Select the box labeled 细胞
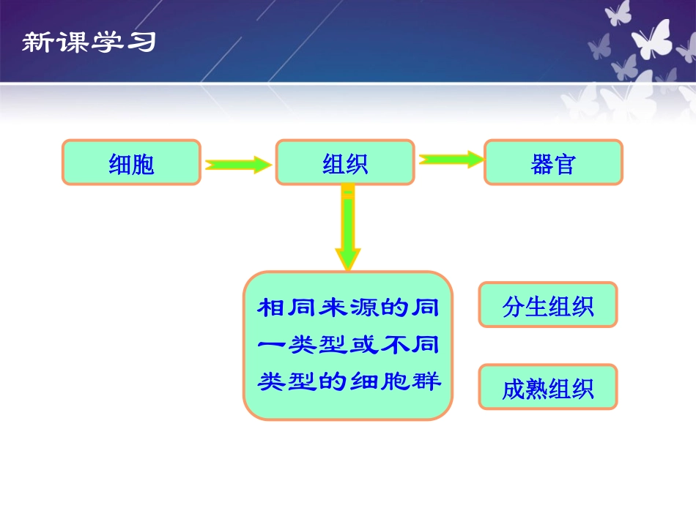[x=131, y=163]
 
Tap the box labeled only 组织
[x=345, y=163]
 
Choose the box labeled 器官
[x=553, y=163]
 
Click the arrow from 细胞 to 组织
[x=237, y=165]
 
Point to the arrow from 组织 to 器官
[x=451, y=159]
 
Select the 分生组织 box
[x=547, y=305]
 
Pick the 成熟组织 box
[x=547, y=387]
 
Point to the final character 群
[x=429, y=381]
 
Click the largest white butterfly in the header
[x=651, y=40]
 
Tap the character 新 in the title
[x=34, y=42]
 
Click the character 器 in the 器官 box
[x=541, y=163]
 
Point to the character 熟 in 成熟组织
[x=536, y=388]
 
